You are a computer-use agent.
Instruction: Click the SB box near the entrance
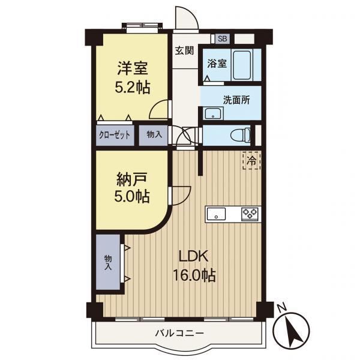(222, 38)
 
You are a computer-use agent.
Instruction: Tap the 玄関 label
(184, 50)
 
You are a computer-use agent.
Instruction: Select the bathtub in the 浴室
(242, 65)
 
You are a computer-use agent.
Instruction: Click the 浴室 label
(217, 64)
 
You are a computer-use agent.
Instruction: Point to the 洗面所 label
(236, 100)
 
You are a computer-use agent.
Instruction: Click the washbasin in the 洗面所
(213, 113)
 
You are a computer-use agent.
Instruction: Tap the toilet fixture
(240, 135)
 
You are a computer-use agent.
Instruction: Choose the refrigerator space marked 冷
(251, 161)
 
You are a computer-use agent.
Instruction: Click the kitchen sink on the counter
(216, 214)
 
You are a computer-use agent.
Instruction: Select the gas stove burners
(250, 214)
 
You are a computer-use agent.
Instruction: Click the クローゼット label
(115, 135)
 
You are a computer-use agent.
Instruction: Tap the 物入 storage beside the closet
(154, 135)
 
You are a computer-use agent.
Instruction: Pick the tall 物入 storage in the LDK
(108, 262)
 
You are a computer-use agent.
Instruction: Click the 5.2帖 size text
(133, 88)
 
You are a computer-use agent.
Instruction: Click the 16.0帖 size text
(194, 275)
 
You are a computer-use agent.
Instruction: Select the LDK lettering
(194, 256)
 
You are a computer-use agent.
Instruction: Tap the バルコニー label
(179, 333)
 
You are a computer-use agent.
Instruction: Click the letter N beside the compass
(282, 308)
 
